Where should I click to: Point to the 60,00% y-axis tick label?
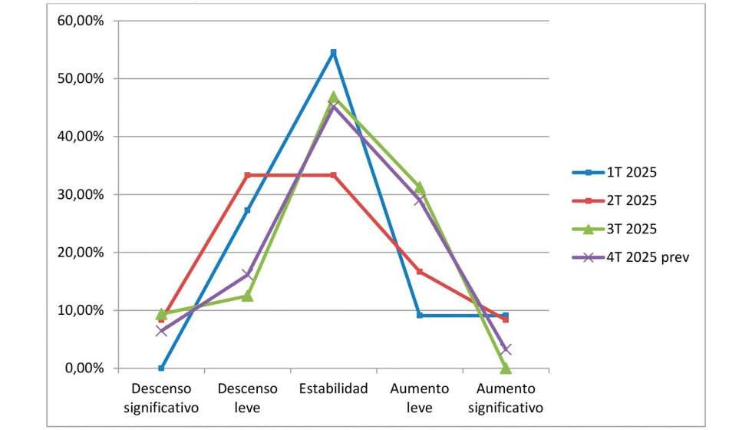81,21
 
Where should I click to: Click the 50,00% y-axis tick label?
81,78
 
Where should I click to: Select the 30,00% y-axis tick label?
81,194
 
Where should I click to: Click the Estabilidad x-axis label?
333,389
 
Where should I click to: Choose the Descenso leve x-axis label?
247,398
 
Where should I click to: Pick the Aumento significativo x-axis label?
506,398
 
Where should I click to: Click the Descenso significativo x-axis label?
161,398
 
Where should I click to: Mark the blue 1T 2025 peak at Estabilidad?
333,52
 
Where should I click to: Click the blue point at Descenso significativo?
161,368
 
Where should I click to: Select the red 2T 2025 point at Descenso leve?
247,175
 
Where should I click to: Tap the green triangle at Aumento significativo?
506,368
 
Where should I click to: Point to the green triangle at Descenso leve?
247,296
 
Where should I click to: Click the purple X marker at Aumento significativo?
506,349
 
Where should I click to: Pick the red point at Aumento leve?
420,271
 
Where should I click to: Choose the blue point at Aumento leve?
420,315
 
